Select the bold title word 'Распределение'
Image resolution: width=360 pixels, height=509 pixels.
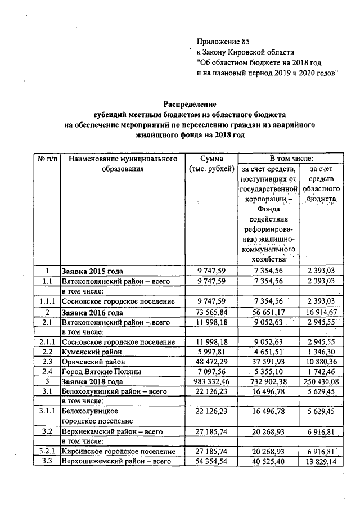(x=190, y=104)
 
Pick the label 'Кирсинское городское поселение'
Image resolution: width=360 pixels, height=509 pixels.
(x=118, y=452)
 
